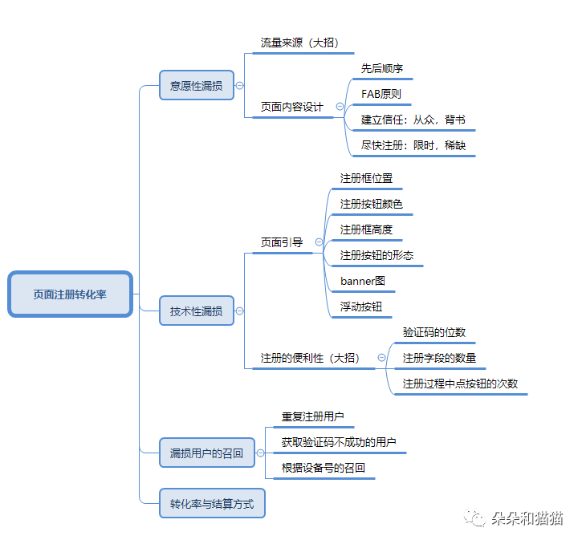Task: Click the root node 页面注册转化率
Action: pyautogui.click(x=70, y=294)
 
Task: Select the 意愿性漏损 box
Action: pyautogui.click(x=196, y=85)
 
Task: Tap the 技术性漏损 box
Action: pyautogui.click(x=196, y=311)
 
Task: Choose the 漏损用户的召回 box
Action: pyautogui.click(x=206, y=453)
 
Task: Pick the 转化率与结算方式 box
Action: pyautogui.click(x=212, y=505)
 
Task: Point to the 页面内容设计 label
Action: pyautogui.click(x=292, y=107)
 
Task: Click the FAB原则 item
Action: pyautogui.click(x=381, y=94)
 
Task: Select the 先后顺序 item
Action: pyautogui.click(x=382, y=68)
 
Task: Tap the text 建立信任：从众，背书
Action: pyautogui.click(x=413, y=120)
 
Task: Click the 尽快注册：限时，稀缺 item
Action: pyautogui.click(x=413, y=146)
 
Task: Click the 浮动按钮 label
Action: pyautogui.click(x=361, y=307)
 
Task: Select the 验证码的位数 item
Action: pyautogui.click(x=433, y=332)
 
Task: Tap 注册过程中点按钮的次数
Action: pyautogui.click(x=460, y=384)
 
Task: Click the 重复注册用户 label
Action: pyautogui.click(x=312, y=416)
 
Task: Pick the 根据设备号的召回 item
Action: pyautogui.click(x=323, y=468)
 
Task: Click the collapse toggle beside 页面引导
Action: pyautogui.click(x=319, y=242)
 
